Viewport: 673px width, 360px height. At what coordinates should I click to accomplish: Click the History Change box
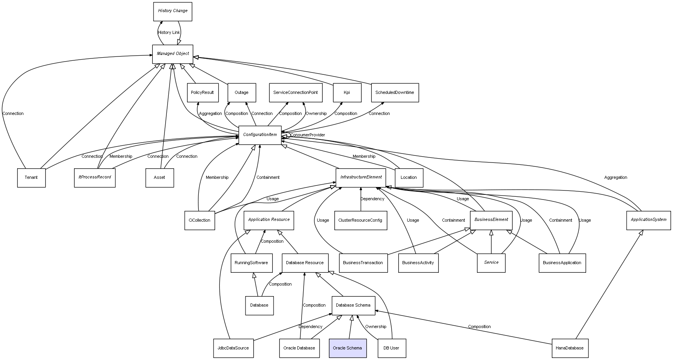[173, 11]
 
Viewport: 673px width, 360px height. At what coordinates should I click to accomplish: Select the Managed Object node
[173, 54]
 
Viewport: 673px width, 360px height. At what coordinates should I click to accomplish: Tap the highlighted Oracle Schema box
[348, 348]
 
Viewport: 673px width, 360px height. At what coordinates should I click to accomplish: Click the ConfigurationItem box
[260, 135]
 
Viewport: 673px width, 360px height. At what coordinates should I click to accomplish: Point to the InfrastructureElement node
[361, 178]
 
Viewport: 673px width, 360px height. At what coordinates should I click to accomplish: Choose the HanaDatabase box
[570, 348]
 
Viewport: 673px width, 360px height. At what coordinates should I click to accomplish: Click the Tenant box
[31, 178]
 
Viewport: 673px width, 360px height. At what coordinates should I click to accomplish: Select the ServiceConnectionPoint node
[295, 93]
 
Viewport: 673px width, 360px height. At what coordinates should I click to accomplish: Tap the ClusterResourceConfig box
[360, 221]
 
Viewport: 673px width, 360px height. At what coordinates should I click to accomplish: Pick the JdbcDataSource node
[233, 348]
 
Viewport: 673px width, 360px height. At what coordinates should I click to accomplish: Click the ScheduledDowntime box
[395, 93]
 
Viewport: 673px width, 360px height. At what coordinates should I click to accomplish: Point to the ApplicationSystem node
[648, 220]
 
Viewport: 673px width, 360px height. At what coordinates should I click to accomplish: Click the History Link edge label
[169, 33]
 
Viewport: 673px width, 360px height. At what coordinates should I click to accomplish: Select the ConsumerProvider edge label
[307, 135]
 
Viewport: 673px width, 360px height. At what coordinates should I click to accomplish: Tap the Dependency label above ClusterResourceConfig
[372, 199]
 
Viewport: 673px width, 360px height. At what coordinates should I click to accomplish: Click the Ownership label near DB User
[376, 327]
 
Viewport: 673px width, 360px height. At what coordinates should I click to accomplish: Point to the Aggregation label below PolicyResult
[210, 114]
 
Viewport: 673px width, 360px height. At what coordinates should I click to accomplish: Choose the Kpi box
[347, 93]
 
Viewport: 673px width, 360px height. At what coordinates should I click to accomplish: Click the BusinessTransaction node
[363, 263]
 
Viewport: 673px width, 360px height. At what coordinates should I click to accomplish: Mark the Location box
[409, 178]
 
